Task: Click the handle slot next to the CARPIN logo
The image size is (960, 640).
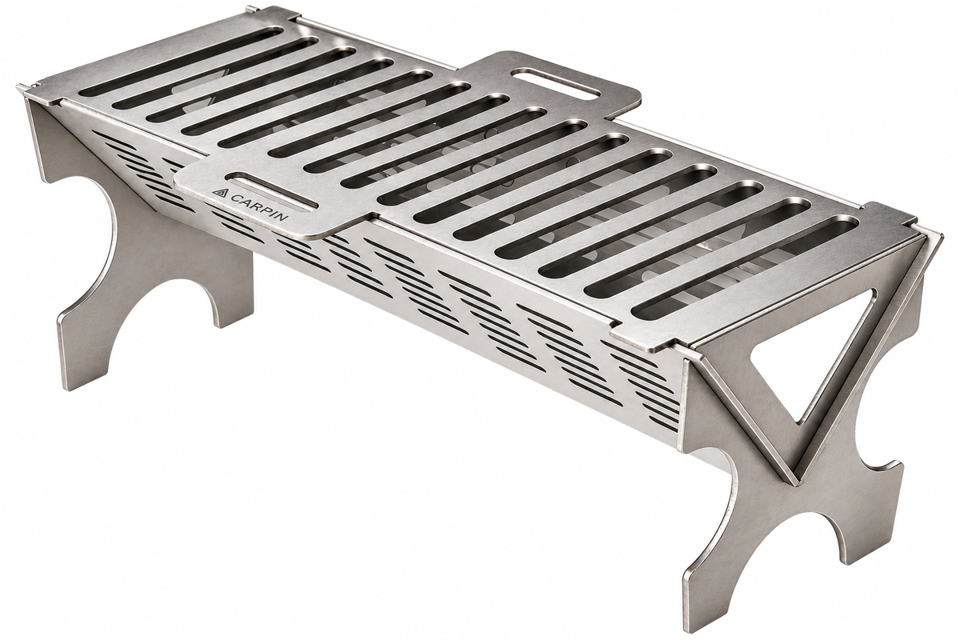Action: (274, 193)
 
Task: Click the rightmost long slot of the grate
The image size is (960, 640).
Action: (745, 267)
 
